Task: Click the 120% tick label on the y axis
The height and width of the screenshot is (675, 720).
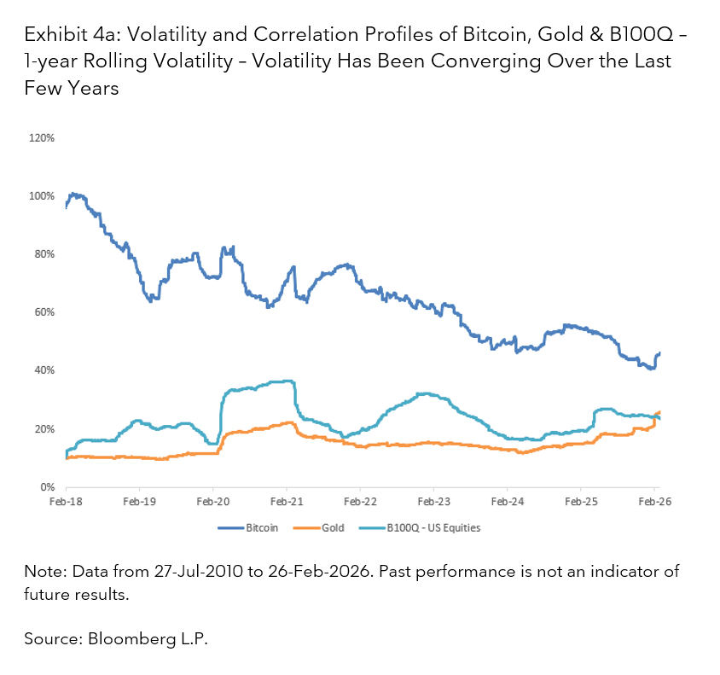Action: [43, 137]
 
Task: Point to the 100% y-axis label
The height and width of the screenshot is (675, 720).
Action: [43, 195]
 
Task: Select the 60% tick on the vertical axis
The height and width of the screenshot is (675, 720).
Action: [44, 312]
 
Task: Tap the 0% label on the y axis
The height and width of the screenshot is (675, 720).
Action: [47, 487]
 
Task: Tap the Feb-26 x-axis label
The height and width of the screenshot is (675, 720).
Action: [653, 503]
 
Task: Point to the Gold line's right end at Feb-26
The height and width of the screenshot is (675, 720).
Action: [659, 412]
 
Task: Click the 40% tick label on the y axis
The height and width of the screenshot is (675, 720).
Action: [44, 370]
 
